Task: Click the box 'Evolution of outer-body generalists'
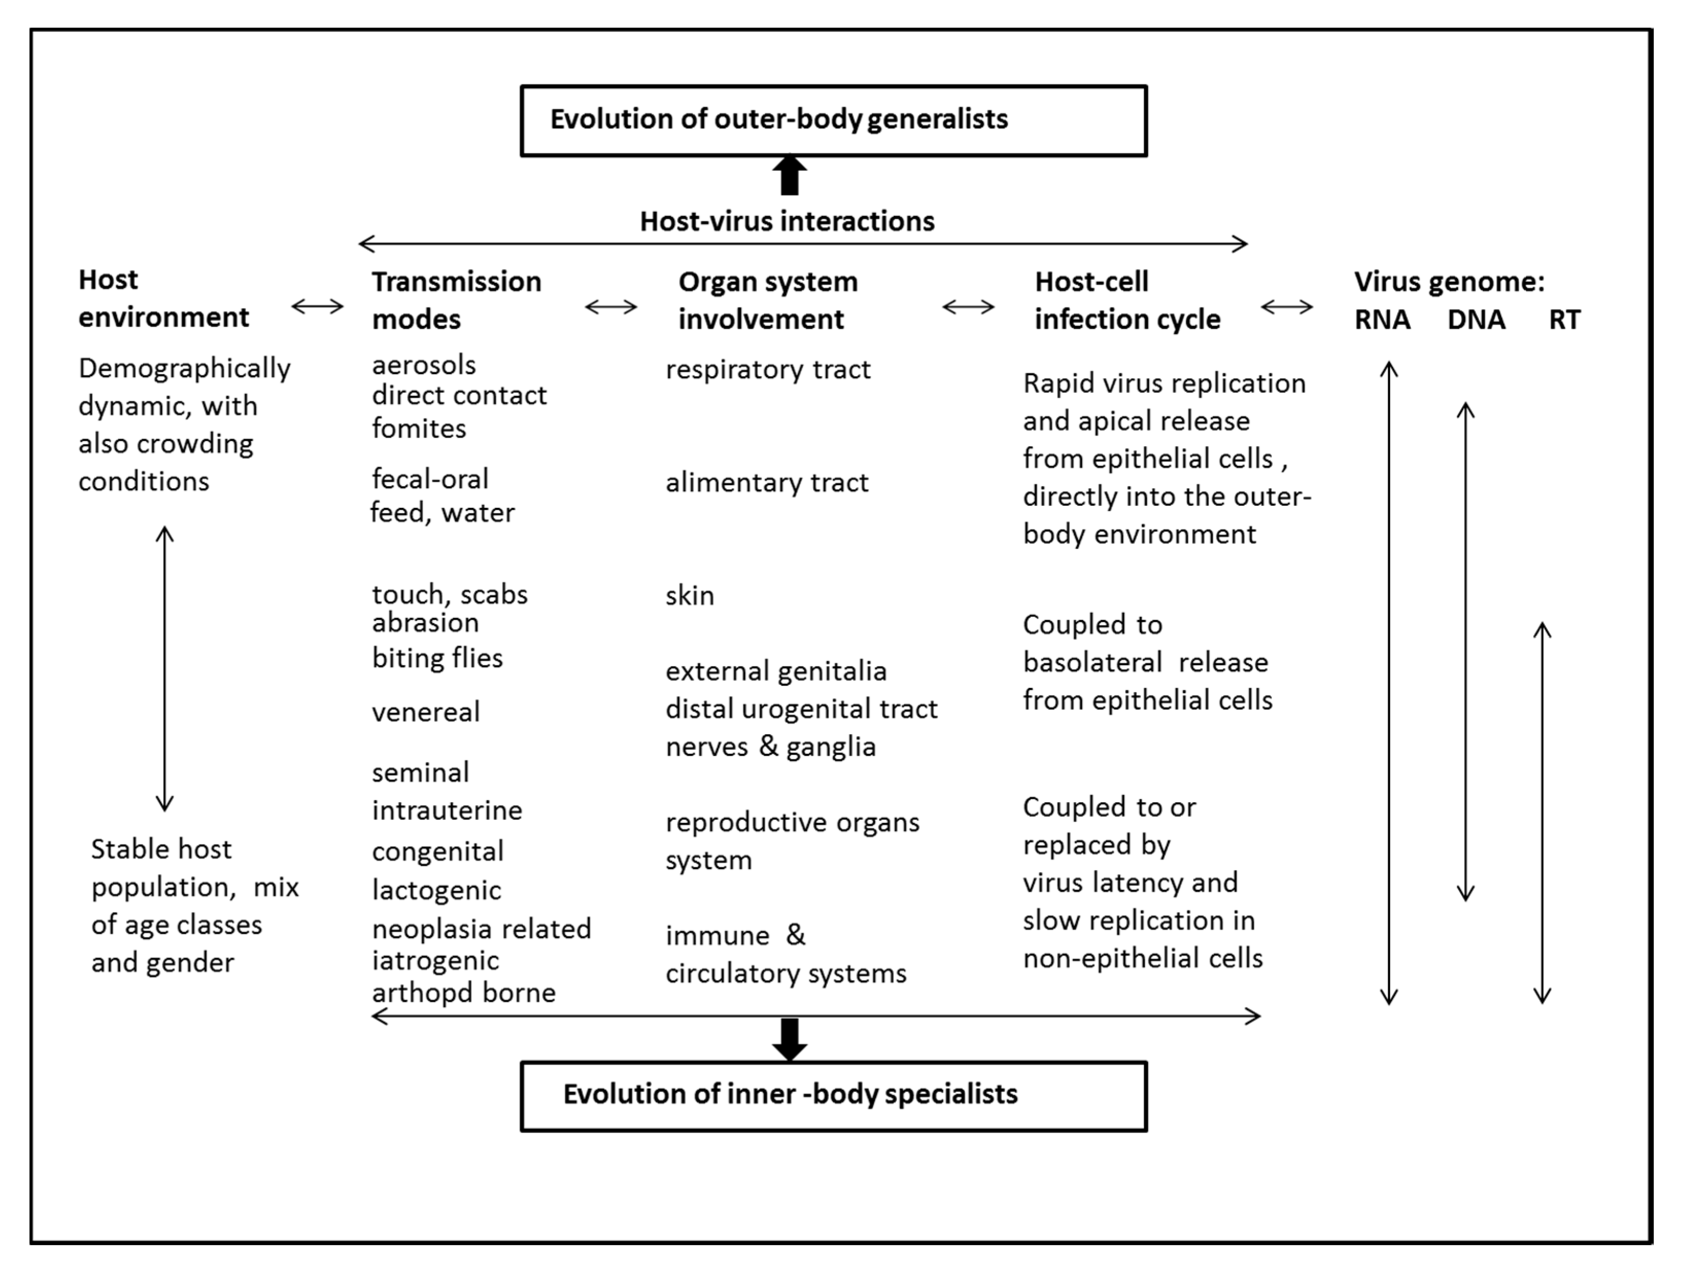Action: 833,121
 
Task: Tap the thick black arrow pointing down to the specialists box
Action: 790,1038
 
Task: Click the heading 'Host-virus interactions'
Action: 787,222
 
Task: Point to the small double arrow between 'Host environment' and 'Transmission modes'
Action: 318,307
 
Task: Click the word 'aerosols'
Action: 423,365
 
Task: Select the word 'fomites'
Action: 419,429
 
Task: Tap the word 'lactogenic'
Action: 436,890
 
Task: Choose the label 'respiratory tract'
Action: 768,370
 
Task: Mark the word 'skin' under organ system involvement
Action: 689,596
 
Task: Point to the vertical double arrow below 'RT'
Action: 1542,813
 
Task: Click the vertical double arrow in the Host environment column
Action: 165,668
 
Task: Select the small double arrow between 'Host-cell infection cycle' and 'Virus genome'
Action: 1287,307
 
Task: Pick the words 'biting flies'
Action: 437,658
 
